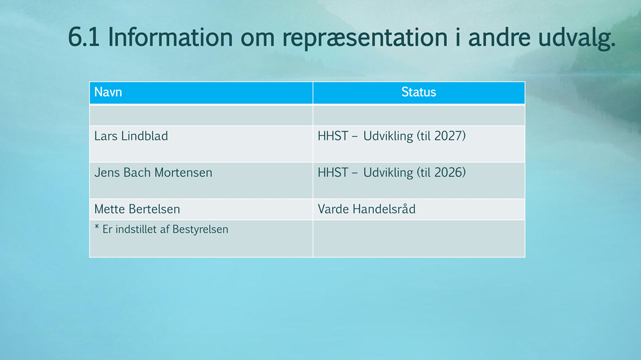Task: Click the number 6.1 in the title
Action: [x=84, y=37]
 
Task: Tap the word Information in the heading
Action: [x=170, y=37]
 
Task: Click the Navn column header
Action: [x=108, y=92]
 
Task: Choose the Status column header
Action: [x=419, y=92]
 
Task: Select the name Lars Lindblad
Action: [x=131, y=135]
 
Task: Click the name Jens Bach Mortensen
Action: [x=153, y=173]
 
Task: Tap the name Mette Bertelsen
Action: [x=137, y=209]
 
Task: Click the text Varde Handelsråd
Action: [x=367, y=209]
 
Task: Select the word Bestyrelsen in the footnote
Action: [x=200, y=229]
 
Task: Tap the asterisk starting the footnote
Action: [x=97, y=227]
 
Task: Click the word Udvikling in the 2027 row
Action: [x=388, y=136]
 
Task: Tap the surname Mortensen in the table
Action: [x=183, y=173]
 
